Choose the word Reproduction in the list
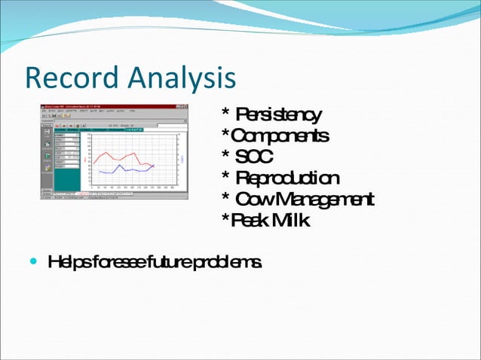coord(287,178)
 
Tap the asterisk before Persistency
coord(225,114)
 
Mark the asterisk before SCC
coord(225,156)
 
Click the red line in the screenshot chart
coord(113,154)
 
